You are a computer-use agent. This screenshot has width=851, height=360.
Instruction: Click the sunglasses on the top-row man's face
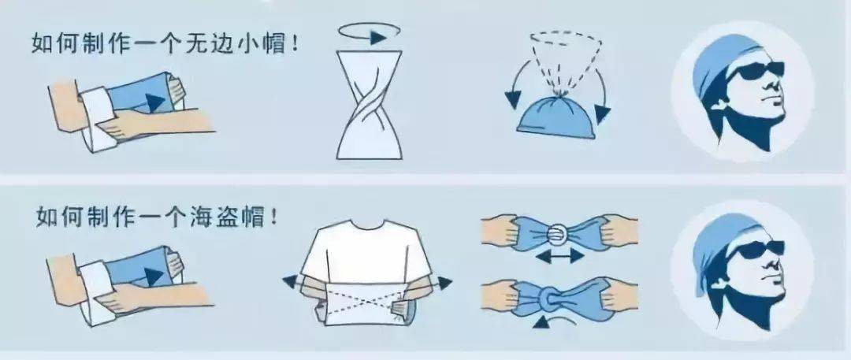[x=755, y=74]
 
